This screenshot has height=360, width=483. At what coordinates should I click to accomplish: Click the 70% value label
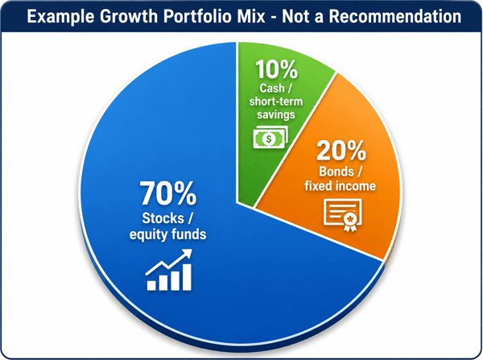click(x=168, y=193)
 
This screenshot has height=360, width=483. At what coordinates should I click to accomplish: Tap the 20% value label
click(x=341, y=151)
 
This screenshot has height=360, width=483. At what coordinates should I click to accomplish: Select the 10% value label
click(x=276, y=69)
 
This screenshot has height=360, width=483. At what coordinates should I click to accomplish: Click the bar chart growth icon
click(x=169, y=270)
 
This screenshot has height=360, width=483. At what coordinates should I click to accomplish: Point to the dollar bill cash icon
click(x=270, y=137)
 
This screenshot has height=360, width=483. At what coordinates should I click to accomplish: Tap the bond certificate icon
click(x=343, y=215)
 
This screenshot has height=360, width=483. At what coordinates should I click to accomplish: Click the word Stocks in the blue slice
click(x=163, y=218)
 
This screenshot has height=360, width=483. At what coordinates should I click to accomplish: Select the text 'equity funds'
click(x=168, y=234)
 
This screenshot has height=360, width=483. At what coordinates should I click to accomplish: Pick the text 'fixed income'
click(x=340, y=186)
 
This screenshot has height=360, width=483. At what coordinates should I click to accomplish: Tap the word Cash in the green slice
click(x=272, y=88)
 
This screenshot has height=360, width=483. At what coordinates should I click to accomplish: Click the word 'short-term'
click(x=275, y=101)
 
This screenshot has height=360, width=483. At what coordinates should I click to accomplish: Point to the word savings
click(x=276, y=114)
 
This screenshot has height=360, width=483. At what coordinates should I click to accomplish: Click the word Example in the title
click(x=60, y=17)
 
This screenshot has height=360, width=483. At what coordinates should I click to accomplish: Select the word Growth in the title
click(x=129, y=16)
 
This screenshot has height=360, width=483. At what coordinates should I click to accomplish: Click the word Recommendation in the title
click(x=395, y=16)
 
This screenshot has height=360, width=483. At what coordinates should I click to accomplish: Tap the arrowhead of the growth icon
click(x=187, y=254)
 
